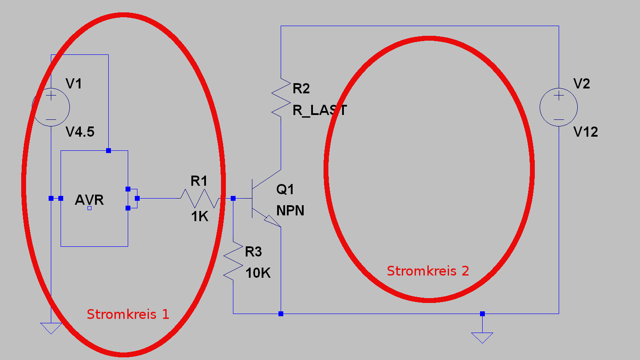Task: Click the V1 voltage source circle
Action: (x=51, y=88)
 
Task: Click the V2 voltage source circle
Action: (x=559, y=88)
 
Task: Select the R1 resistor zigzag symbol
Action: (x=200, y=198)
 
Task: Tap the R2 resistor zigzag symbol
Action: (x=281, y=97)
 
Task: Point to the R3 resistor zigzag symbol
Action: (x=233, y=261)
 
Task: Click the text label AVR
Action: (x=89, y=200)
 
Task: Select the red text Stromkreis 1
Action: (x=128, y=314)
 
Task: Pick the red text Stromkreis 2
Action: (x=428, y=271)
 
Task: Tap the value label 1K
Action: (x=200, y=216)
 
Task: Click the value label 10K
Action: (x=258, y=273)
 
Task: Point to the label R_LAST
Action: (x=320, y=110)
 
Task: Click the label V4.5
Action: (x=80, y=132)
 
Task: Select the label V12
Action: (x=586, y=132)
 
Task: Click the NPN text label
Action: (x=290, y=211)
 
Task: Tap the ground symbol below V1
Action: (x=51, y=328)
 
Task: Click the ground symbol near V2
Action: (x=482, y=338)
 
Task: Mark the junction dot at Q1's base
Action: (x=233, y=198)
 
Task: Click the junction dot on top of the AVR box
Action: (x=109, y=151)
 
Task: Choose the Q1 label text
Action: (x=285, y=189)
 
